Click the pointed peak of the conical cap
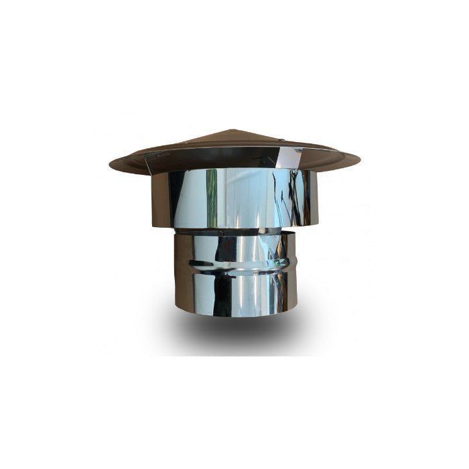tap(230, 131)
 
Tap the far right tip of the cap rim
tap(358, 161)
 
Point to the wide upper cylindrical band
tap(234, 198)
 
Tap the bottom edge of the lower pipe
tap(234, 316)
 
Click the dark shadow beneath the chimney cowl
tap(234, 332)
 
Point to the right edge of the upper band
tap(316, 198)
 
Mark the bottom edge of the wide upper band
tap(234, 228)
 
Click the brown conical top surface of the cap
tap(201, 144)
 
